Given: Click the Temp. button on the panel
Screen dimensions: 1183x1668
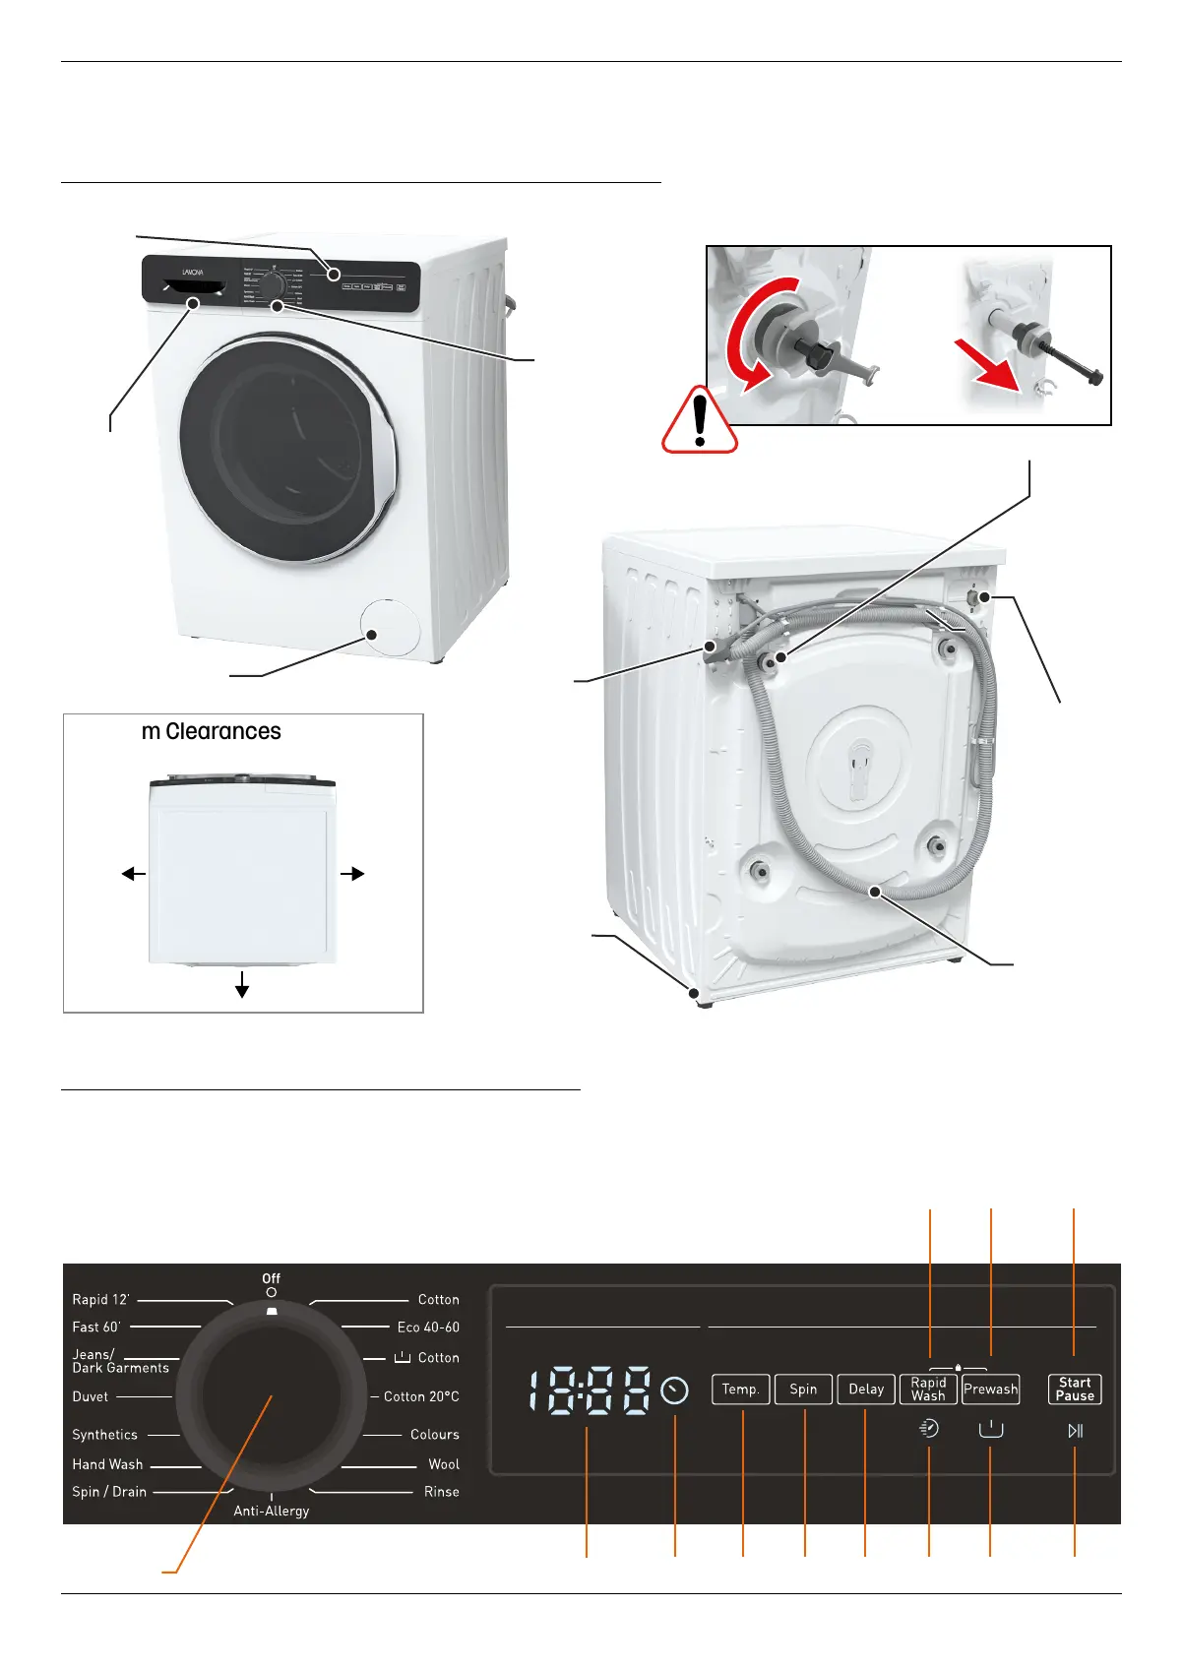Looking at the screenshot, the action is coord(740,1390).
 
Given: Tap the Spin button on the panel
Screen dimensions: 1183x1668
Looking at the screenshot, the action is coord(803,1390).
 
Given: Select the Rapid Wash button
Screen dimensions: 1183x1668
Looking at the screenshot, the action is coord(928,1390).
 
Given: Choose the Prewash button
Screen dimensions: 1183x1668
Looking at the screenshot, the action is coord(990,1390).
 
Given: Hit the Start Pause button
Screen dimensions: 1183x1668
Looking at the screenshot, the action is coord(1075,1390).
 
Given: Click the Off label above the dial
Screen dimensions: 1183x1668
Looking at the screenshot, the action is coord(271,1278).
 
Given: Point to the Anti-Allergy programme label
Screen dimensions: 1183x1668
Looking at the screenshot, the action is coord(271,1512).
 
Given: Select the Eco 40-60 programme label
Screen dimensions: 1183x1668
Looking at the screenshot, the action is coord(428,1328).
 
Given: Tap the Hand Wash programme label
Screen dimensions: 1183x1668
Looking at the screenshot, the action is coord(107,1464).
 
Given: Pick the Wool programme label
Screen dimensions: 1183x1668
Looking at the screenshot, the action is coord(444,1464).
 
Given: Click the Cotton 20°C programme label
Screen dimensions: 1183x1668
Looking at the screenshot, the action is coord(421,1396).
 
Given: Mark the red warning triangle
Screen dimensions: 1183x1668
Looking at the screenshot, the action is coord(700,420).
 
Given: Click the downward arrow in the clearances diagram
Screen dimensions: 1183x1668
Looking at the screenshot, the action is coord(242,985).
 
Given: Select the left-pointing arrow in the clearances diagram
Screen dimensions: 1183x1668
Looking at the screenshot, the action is coord(133,873).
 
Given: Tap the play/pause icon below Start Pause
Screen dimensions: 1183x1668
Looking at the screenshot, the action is coord(1075,1431).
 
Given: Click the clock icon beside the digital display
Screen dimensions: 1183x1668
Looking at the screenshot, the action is coord(675,1390).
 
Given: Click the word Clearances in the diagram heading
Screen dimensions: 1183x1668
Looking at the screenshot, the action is coord(223,732).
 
